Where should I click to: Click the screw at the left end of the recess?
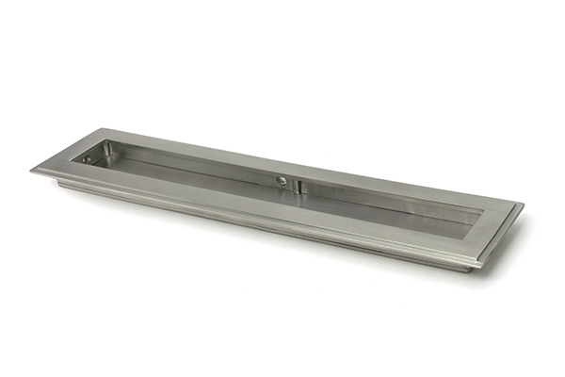coord(88,158)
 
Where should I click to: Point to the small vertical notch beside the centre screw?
coord(294,185)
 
